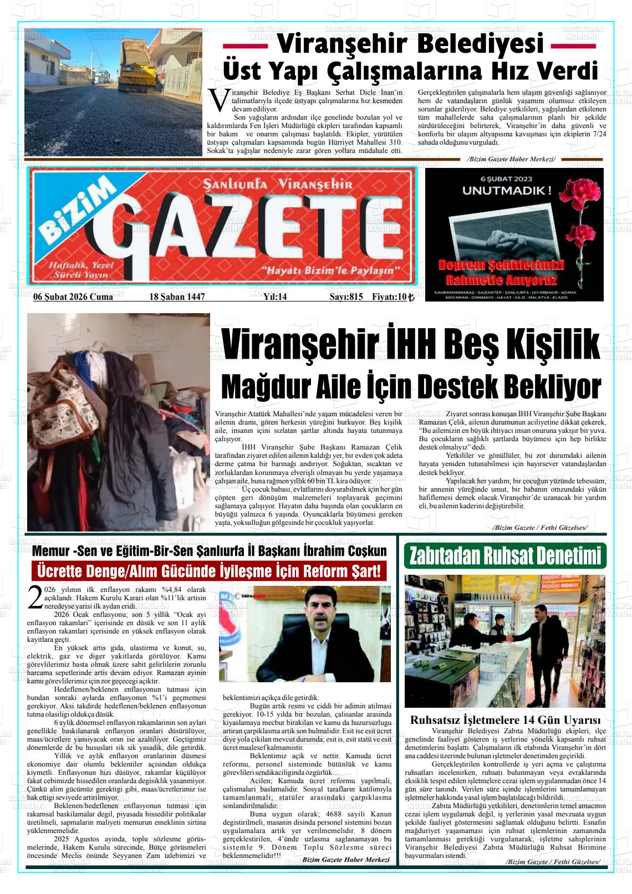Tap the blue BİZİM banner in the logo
click(75, 213)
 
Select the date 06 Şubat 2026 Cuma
click(73, 297)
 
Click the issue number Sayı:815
click(346, 297)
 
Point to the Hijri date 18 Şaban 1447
click(177, 297)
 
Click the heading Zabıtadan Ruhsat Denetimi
click(504, 556)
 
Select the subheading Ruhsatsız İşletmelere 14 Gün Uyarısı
click(504, 721)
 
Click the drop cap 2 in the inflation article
click(34, 597)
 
